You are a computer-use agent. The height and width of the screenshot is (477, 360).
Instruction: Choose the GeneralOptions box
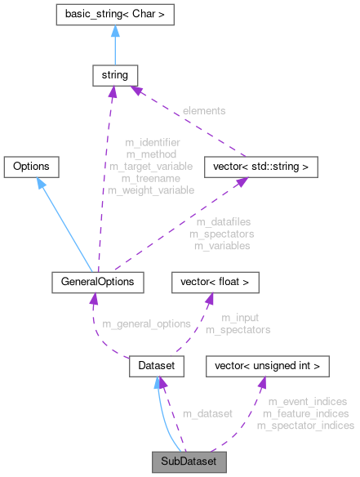[97, 283]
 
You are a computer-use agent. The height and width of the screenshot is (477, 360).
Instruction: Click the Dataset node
[154, 368]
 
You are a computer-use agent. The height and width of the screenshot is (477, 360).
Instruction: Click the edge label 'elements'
[203, 109]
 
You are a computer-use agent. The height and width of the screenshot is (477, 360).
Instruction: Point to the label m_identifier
[153, 142]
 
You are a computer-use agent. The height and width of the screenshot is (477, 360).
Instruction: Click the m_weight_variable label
[151, 190]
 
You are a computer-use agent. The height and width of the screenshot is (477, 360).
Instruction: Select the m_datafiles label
[223, 222]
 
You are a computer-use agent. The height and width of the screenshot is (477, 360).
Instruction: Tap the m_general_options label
[146, 323]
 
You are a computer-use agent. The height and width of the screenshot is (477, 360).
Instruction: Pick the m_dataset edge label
[207, 414]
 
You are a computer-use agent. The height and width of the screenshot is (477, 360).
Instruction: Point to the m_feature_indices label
[306, 413]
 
